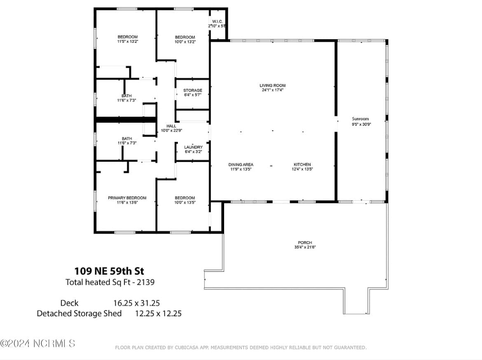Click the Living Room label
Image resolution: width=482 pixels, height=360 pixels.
272,85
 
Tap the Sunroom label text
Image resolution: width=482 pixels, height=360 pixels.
360,119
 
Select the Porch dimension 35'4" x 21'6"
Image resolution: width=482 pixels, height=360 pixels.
305,247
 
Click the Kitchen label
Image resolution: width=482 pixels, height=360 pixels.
302,165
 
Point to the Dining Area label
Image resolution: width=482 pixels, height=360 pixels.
241,165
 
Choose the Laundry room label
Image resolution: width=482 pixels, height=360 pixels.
193,147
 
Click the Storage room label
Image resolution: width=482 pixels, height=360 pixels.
192,90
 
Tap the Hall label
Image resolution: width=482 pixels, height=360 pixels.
171,126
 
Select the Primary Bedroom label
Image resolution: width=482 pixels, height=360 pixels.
127,198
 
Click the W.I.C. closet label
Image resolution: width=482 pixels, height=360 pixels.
217,21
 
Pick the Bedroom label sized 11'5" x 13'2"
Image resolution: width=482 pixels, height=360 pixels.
127,37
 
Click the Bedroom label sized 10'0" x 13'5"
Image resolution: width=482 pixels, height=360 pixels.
185,198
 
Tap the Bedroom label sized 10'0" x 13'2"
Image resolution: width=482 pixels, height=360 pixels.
185,37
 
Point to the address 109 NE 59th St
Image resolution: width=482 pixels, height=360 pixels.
109,271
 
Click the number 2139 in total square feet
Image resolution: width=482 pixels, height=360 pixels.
146,282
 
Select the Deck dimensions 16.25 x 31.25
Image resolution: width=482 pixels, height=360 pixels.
136,303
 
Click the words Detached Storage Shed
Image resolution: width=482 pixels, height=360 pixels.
79,313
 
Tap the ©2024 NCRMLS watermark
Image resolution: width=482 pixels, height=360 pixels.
37,343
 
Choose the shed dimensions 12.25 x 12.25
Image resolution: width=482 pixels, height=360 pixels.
158,313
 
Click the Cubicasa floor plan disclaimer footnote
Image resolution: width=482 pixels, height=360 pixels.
241,348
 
